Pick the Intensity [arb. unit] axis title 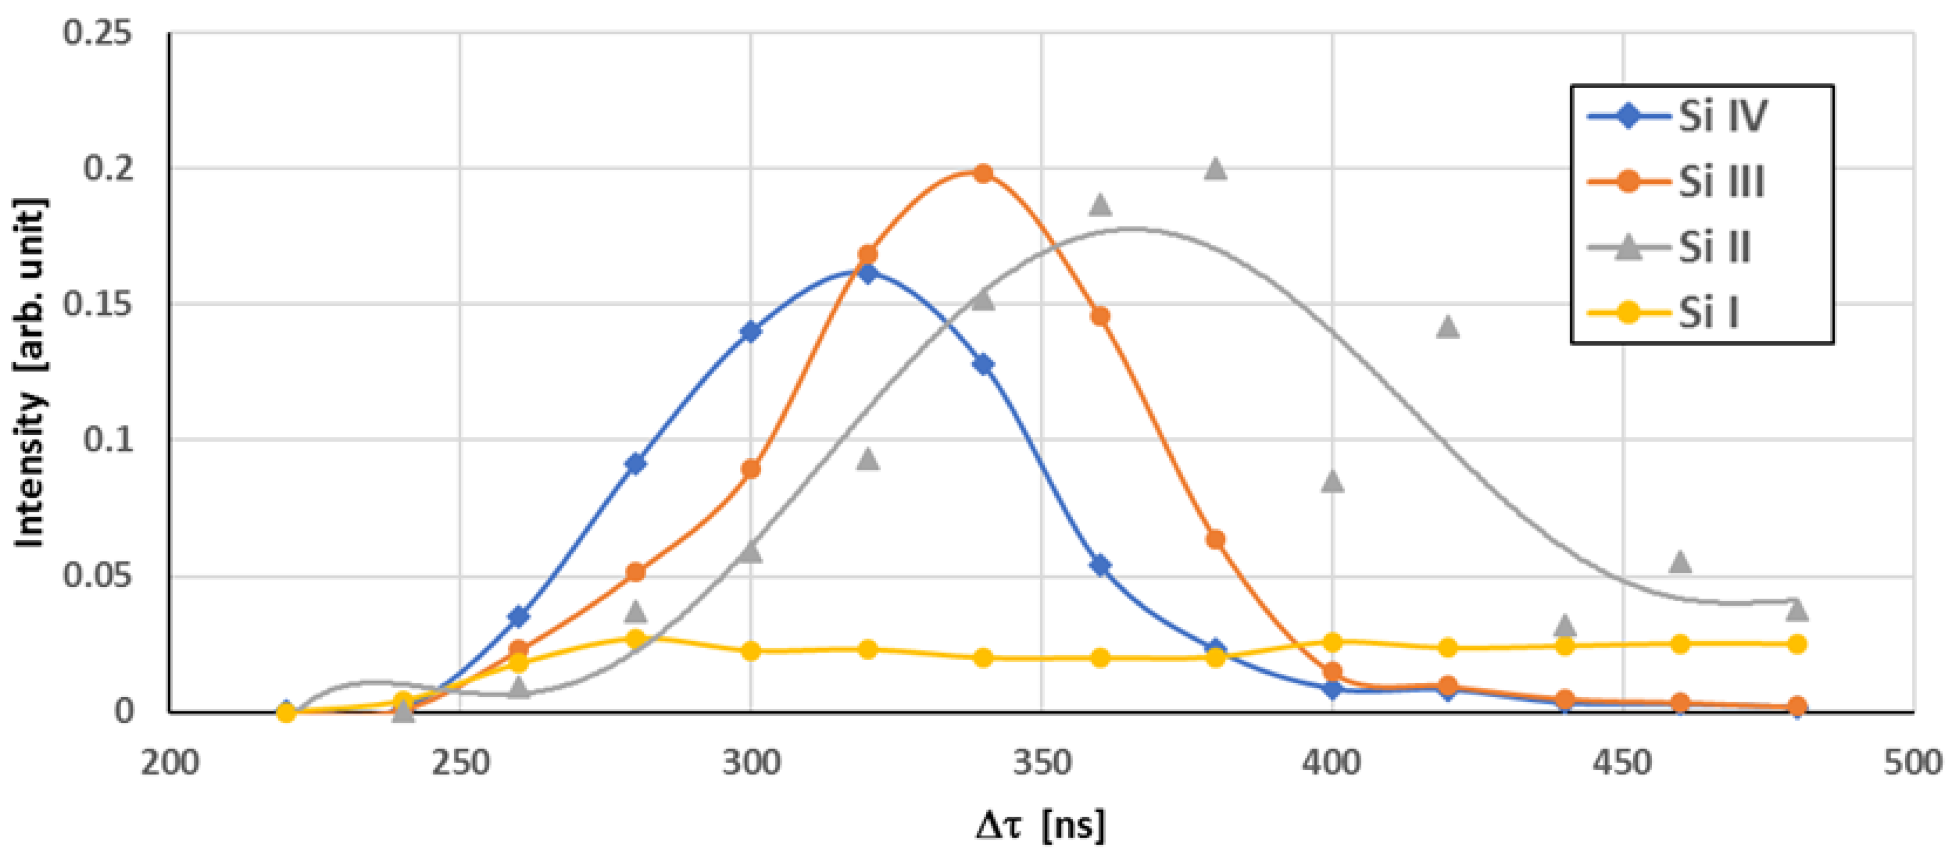(30, 373)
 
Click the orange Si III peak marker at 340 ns (983, 173)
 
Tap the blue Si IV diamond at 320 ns (867, 273)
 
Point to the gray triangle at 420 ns (1448, 326)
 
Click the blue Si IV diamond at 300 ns (751, 331)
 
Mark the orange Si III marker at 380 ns (1216, 539)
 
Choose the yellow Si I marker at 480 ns (1797, 644)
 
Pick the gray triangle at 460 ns (1680, 562)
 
